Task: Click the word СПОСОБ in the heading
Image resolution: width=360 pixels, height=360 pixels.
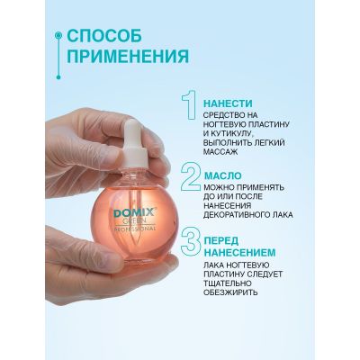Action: coord(104,36)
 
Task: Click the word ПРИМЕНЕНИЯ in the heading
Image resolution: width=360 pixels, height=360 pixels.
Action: coord(128,57)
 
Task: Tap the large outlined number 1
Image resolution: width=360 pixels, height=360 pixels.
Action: coord(190,105)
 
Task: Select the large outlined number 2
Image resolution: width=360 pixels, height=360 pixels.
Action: coord(191,177)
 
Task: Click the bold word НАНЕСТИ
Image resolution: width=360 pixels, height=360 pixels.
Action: coord(228,103)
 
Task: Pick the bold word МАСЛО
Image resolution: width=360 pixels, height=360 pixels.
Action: coord(222,175)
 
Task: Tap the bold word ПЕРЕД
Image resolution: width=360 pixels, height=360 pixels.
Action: coord(221,240)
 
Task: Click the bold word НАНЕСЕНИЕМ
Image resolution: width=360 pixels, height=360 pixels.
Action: coord(239,253)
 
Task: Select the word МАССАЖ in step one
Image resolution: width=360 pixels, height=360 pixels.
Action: coord(220,152)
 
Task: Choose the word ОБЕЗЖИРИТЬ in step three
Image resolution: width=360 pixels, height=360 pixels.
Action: coord(230,292)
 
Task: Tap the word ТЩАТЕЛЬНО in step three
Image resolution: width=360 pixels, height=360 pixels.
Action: coord(227,283)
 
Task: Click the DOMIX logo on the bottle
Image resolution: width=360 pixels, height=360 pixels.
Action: coord(134,214)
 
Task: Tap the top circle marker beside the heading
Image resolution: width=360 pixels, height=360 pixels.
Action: coord(58,35)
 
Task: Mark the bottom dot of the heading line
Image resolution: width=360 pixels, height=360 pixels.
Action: coord(58,77)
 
